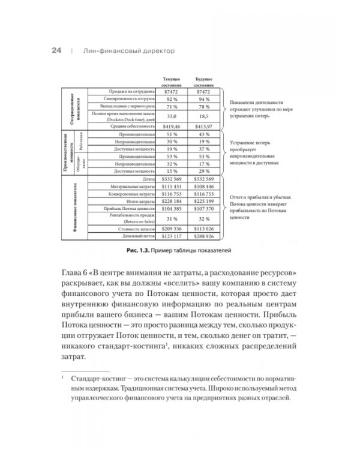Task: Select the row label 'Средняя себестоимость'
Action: coord(138,127)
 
